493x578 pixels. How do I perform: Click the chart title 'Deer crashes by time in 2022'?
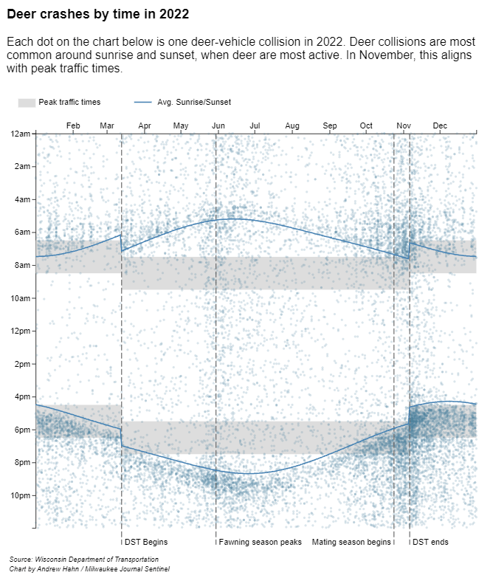point(98,14)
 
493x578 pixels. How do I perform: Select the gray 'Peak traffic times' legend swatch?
point(27,102)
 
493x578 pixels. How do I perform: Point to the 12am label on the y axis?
point(21,134)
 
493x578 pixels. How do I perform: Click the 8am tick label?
point(22,265)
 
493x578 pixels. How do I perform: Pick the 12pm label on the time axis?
point(21,331)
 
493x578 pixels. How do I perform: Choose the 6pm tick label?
point(22,430)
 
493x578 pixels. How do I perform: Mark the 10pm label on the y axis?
point(21,495)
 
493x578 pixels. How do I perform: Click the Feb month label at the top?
point(73,125)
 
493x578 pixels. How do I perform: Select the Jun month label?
point(218,125)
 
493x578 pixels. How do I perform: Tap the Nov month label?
point(404,125)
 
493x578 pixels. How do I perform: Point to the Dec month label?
point(441,125)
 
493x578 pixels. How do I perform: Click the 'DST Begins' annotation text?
point(146,543)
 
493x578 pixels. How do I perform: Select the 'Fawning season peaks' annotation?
point(261,543)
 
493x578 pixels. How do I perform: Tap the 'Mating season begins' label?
point(351,543)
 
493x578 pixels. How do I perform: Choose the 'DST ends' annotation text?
point(430,543)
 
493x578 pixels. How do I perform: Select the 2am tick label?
point(22,167)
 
